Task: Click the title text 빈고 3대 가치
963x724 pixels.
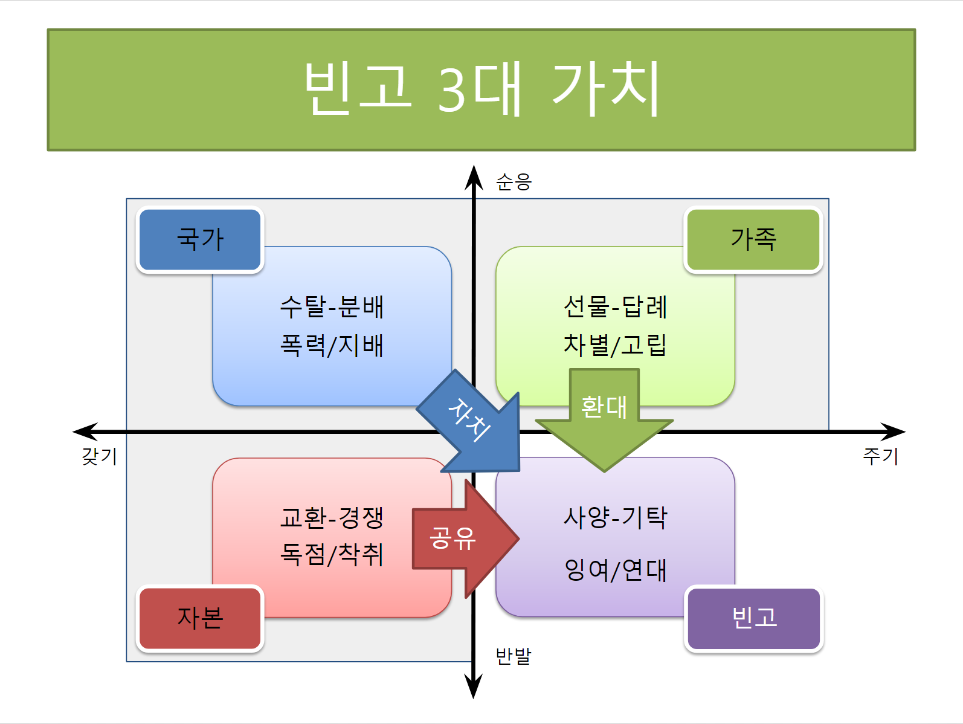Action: [481, 89]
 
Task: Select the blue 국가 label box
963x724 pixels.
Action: [200, 239]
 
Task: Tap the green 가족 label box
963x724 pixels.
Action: [753, 239]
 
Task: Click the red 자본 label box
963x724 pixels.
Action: [200, 618]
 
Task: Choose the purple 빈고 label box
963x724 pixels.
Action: [754, 618]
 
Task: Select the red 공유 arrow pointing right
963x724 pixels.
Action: [459, 538]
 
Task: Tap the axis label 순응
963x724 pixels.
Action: [514, 182]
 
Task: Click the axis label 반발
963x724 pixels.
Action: [513, 656]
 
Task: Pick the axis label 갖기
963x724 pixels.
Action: [99, 456]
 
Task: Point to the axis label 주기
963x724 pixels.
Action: [880, 456]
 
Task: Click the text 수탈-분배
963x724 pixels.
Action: [332, 306]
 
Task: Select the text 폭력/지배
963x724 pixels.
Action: [332, 346]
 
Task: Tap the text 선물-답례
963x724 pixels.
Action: [615, 306]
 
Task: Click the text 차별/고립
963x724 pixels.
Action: [615, 345]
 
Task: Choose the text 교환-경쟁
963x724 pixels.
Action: [332, 517]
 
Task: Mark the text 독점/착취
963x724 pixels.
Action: [332, 554]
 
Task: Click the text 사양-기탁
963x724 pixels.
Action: [615, 517]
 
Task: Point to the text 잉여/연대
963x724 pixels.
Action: [615, 570]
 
